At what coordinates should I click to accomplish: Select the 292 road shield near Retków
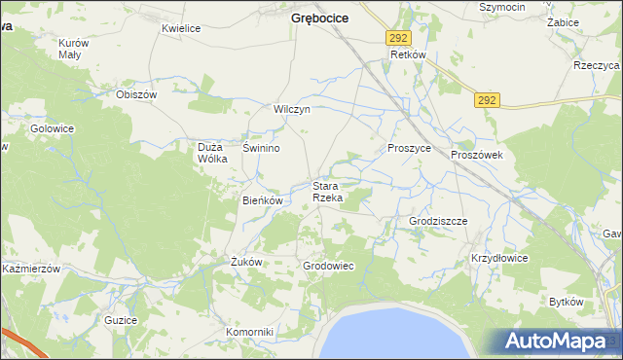pos(397,37)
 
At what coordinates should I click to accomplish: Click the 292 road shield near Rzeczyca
pos(489,99)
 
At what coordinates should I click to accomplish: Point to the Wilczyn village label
pos(292,109)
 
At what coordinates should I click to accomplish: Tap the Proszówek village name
pos(475,155)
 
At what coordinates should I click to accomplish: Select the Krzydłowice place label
pos(499,258)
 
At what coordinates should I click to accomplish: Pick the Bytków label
pos(566,302)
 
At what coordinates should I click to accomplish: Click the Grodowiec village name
pos(327,266)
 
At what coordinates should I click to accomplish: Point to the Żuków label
pos(246,261)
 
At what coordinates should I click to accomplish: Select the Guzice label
pos(121,319)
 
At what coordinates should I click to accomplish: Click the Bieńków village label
pos(262,200)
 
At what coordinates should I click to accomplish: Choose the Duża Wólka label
pos(212,153)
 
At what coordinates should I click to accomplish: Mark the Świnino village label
pos(262,148)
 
